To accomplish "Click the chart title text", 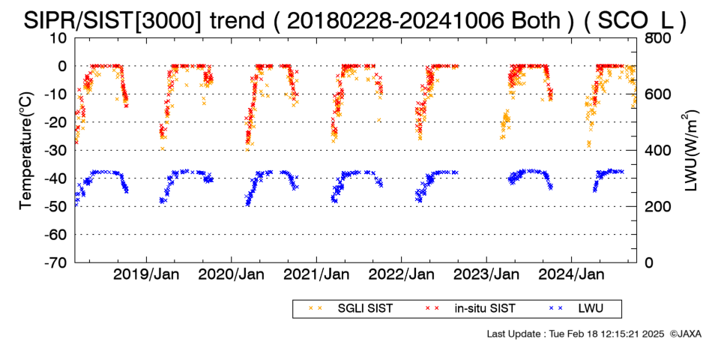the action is click(355, 19).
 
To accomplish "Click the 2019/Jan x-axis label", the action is click(146, 275).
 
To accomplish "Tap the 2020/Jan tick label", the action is click(231, 275).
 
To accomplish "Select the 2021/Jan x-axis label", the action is click(316, 275).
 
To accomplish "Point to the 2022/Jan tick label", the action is click(402, 275).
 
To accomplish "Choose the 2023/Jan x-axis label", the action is click(486, 275).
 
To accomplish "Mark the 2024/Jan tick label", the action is click(571, 275).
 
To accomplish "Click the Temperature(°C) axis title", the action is click(26, 151).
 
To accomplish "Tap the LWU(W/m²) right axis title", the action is click(690, 151).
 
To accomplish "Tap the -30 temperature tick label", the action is click(56, 151).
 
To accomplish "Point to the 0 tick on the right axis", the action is click(650, 262).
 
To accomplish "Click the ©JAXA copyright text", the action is click(685, 334).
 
